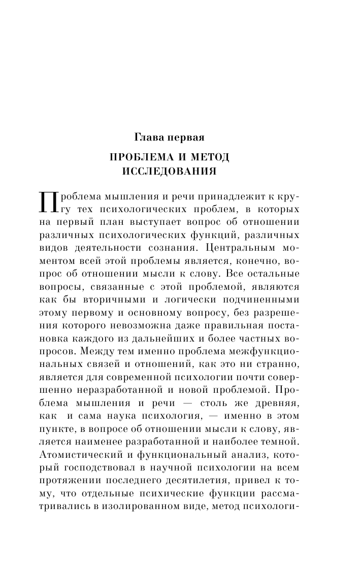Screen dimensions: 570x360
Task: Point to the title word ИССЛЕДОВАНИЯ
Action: pos(170,172)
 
